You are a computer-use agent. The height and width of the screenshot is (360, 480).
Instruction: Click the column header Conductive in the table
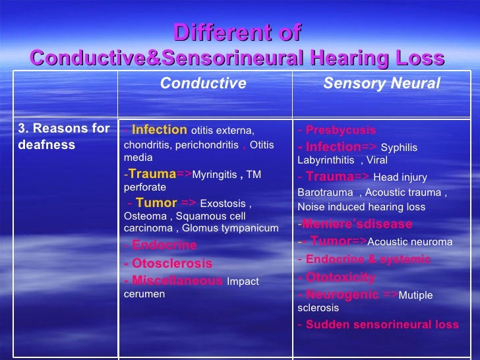point(203,84)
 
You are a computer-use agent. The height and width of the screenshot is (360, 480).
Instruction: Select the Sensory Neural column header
point(381,84)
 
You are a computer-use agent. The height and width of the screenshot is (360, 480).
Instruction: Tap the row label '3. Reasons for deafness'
point(63,136)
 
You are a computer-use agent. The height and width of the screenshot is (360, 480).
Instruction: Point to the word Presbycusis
point(341,130)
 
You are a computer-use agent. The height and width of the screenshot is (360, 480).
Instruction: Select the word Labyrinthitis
point(325,160)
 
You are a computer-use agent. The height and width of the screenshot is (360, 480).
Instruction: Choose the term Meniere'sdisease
point(357,224)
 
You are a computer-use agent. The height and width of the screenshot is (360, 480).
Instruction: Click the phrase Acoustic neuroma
point(409,242)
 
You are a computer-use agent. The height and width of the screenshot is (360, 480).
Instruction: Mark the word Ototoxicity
point(340,277)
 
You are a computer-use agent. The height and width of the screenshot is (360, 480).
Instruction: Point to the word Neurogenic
point(342,295)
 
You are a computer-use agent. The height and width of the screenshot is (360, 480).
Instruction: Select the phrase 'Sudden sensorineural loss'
point(382,324)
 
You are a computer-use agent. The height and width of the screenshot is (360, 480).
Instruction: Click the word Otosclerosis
point(172,263)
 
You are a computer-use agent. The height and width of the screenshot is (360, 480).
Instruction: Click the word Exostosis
point(223,204)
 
